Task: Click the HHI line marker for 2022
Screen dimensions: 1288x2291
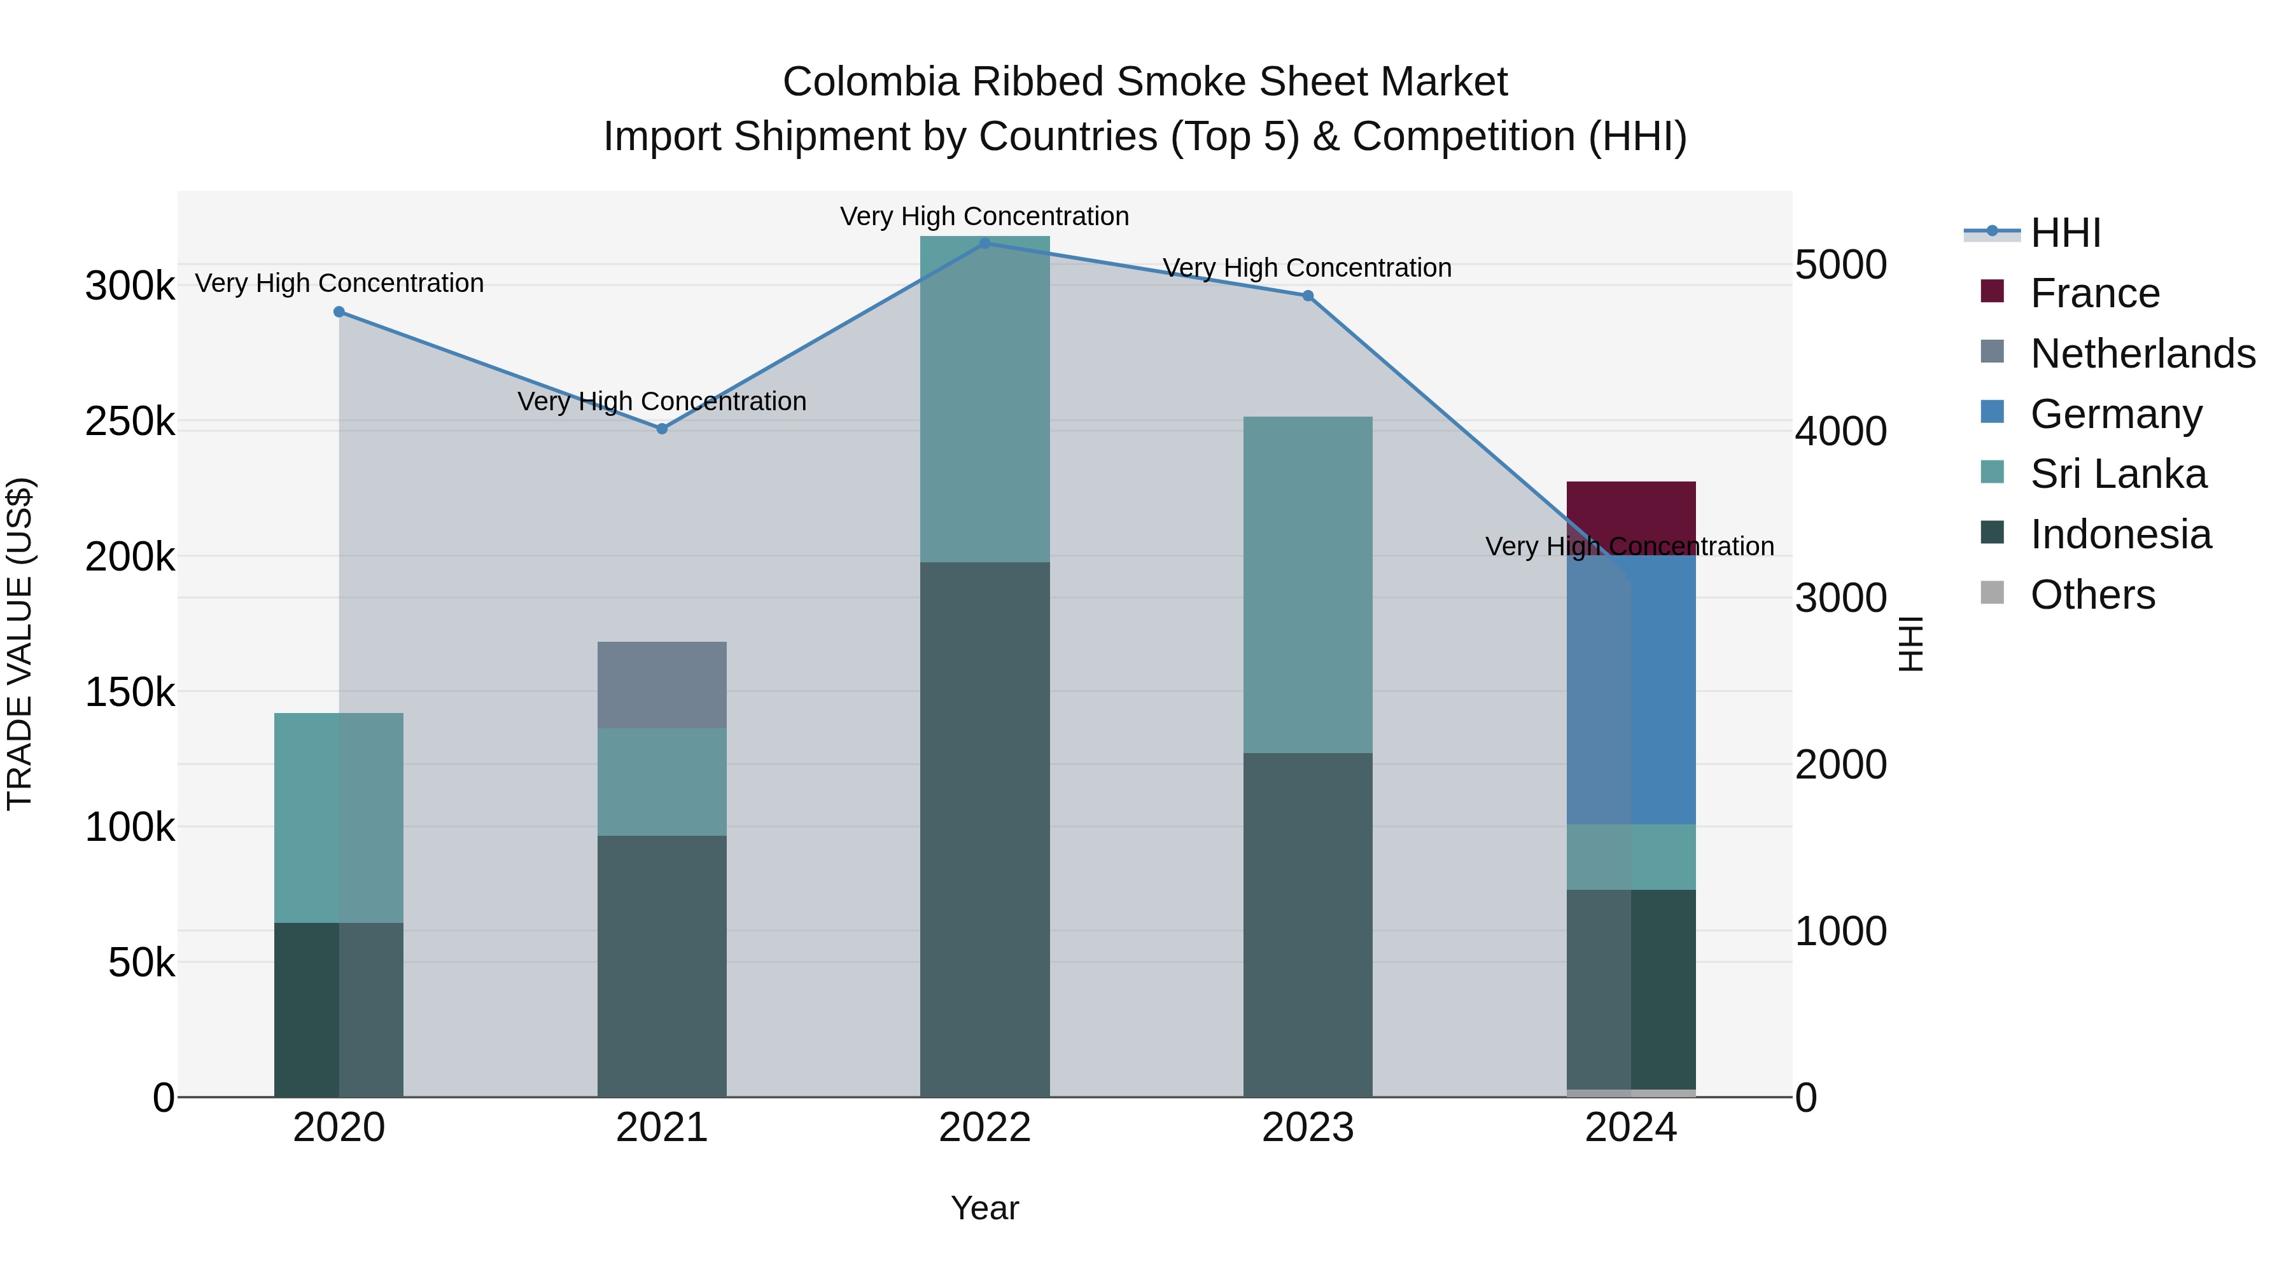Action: (x=984, y=243)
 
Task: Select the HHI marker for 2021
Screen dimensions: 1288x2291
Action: (x=662, y=429)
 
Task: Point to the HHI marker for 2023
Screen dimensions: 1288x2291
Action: (x=1307, y=296)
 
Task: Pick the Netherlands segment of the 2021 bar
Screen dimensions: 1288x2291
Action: (x=662, y=684)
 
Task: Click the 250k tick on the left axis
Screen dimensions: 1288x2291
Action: (x=130, y=421)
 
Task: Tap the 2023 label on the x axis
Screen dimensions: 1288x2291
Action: (x=1307, y=1128)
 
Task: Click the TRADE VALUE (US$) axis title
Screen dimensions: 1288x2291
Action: (x=20, y=644)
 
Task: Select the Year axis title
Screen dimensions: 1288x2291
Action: (x=984, y=1208)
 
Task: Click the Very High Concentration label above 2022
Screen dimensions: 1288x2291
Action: (x=984, y=216)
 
